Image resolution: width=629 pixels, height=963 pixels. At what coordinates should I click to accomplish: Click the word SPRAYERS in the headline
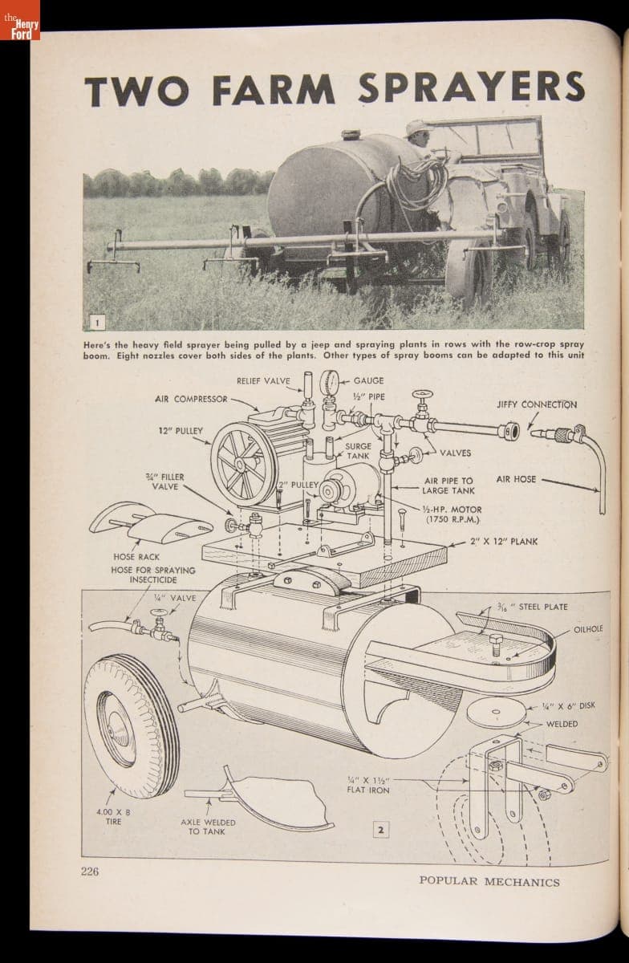point(472,87)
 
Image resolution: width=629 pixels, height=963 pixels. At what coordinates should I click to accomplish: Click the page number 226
point(89,872)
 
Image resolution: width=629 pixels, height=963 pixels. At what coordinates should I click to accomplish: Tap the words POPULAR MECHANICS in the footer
point(489,881)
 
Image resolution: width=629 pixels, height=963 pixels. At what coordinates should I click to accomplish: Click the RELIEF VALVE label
point(263,381)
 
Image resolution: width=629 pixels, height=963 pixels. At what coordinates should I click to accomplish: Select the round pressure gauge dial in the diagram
point(329,383)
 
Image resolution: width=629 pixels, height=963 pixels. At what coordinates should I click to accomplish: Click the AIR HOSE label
point(516,479)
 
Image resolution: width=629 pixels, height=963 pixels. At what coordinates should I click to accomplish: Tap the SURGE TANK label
point(358,451)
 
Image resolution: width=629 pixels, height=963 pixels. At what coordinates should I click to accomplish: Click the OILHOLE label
point(588,629)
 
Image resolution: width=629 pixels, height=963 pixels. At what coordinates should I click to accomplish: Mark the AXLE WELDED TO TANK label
point(207,827)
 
